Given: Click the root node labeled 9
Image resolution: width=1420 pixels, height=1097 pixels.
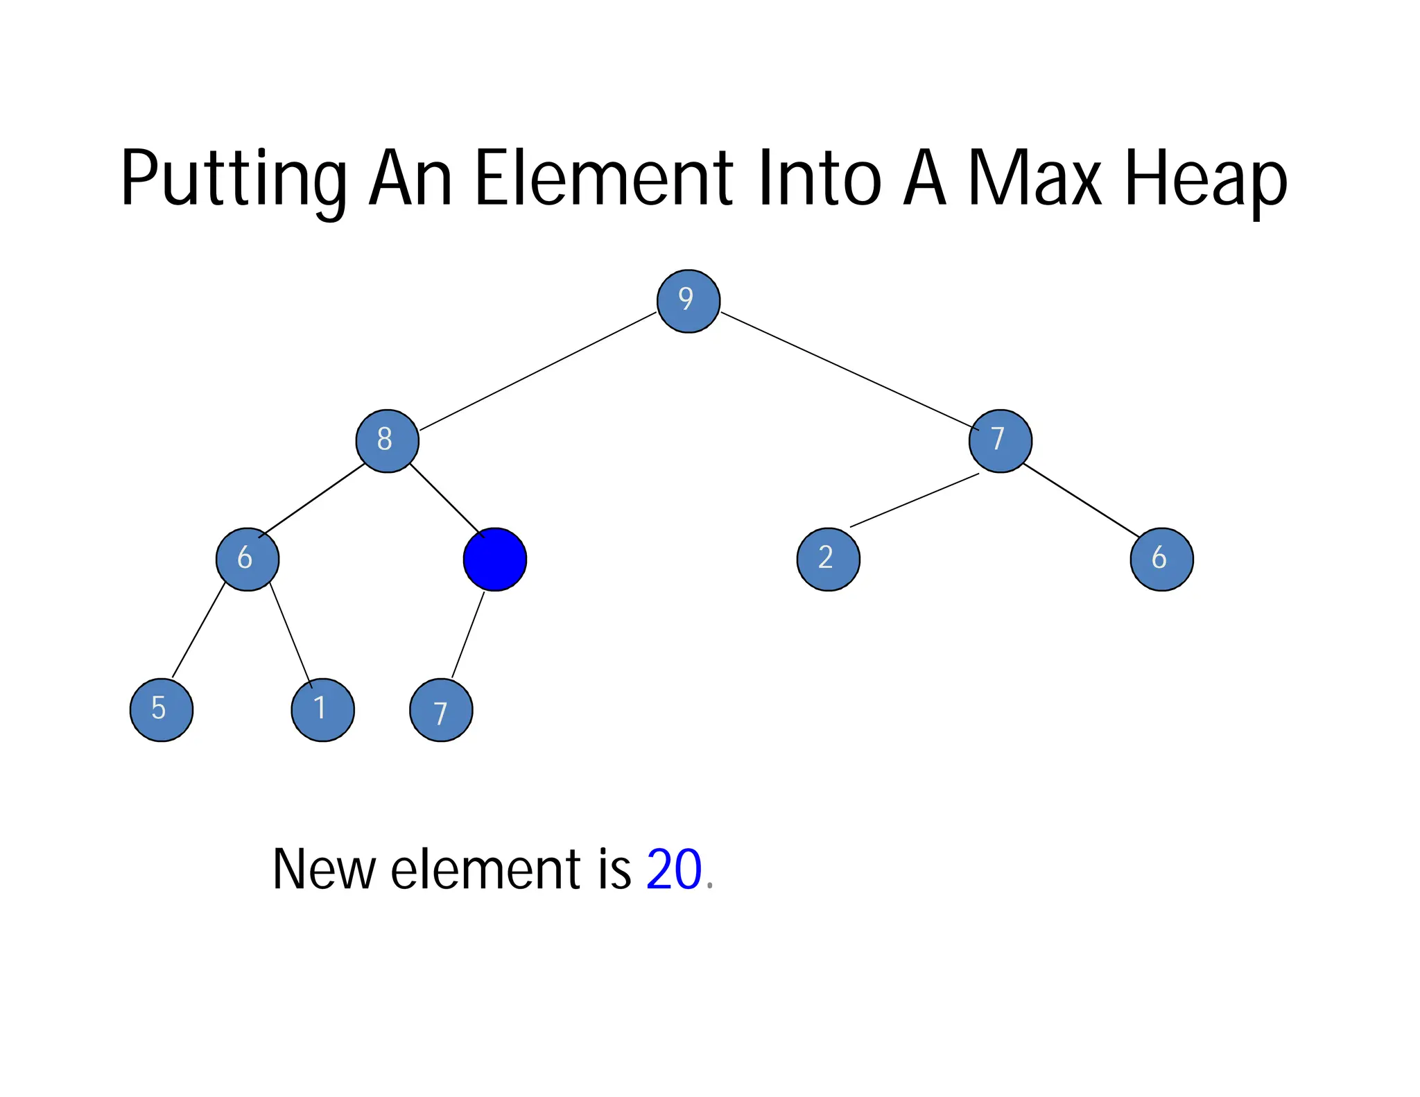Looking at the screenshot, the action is tap(688, 301).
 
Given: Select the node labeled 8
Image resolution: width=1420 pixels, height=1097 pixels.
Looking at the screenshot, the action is tap(387, 441).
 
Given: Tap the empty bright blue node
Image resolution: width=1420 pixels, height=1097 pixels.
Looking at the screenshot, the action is tap(494, 560).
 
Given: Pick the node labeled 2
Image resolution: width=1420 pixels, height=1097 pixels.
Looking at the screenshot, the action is tap(828, 559).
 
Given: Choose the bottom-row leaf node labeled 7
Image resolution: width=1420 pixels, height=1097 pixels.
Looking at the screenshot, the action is tap(441, 711).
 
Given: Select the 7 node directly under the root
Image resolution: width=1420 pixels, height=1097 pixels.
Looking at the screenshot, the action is tap(1000, 441).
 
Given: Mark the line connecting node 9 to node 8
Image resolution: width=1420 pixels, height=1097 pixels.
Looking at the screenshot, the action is tap(537, 372).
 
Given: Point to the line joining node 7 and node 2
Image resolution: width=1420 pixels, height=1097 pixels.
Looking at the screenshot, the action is tap(914, 500).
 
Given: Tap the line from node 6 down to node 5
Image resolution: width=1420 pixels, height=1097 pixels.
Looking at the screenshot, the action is tap(198, 631).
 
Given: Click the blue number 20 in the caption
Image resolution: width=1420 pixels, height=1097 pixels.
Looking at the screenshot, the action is tap(673, 869).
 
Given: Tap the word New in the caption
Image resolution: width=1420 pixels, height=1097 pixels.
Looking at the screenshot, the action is tap(324, 869).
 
